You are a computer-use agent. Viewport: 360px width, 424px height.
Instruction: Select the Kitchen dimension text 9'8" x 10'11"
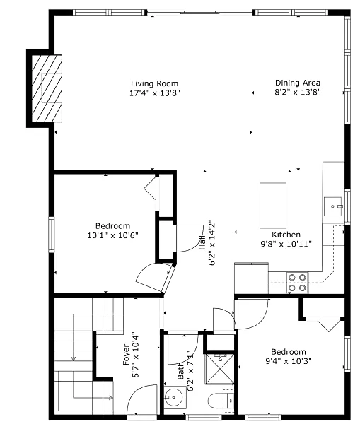click(286, 244)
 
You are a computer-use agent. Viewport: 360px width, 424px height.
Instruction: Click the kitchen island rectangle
click(273, 206)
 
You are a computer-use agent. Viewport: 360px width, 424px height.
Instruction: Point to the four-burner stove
click(297, 283)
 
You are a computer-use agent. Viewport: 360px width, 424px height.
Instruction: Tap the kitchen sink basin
click(332, 206)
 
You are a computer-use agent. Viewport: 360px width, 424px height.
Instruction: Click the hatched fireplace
click(47, 88)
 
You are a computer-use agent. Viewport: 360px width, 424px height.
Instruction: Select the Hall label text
click(202, 242)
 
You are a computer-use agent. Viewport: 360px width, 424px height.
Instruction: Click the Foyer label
click(127, 354)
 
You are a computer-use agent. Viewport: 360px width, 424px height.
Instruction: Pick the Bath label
click(180, 371)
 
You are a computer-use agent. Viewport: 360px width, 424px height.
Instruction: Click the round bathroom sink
click(173, 397)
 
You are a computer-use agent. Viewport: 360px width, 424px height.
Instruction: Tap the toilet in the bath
click(221, 401)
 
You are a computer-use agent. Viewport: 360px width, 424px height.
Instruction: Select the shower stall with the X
click(219, 369)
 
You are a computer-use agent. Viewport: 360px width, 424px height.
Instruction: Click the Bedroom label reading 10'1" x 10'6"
click(112, 230)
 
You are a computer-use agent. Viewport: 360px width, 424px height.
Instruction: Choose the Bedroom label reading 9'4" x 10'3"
click(289, 356)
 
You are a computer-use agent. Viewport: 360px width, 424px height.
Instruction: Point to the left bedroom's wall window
click(52, 235)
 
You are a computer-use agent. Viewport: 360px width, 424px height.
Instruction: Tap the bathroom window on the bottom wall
click(204, 417)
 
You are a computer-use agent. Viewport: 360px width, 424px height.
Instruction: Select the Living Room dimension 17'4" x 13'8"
click(155, 93)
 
